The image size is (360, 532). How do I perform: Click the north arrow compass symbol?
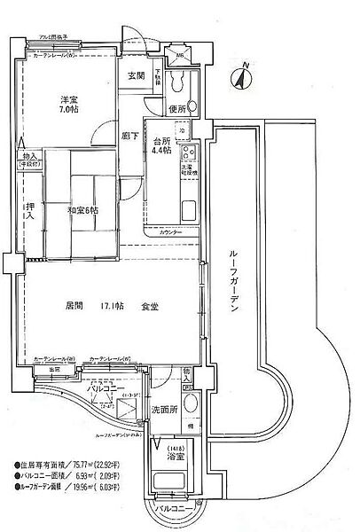point(239,79)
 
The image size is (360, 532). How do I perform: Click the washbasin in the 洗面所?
point(187,401)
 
